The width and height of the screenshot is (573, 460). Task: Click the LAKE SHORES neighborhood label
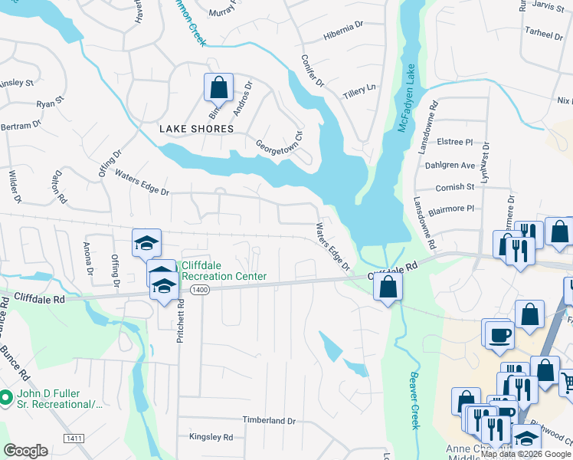pyautogui.click(x=196, y=129)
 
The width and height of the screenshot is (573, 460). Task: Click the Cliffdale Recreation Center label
pyautogui.click(x=223, y=271)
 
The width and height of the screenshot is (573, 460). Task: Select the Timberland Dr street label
pyautogui.click(x=269, y=421)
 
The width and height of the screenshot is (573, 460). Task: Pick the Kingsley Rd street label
pyautogui.click(x=211, y=436)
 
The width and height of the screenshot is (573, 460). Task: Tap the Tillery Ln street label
pyautogui.click(x=360, y=88)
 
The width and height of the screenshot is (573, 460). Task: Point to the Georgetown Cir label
pyautogui.click(x=280, y=141)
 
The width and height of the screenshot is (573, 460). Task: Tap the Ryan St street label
pyautogui.click(x=49, y=103)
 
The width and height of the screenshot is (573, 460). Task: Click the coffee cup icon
pyautogui.click(x=499, y=334)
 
